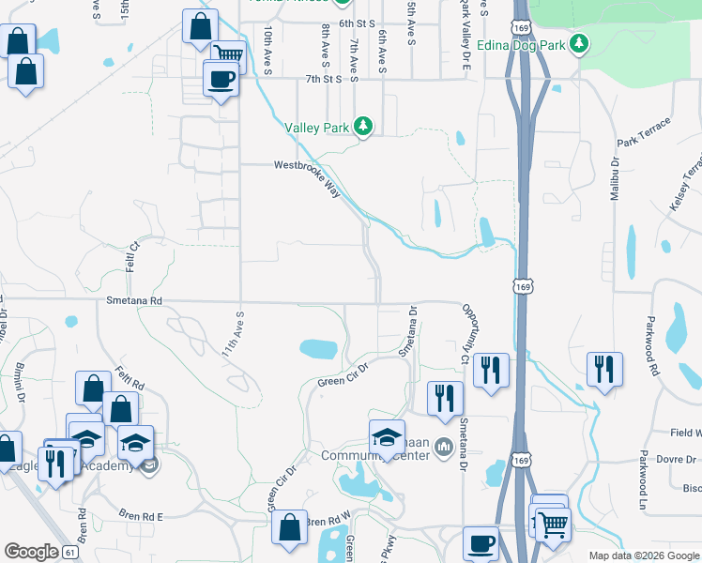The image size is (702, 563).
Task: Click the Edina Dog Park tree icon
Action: [x=580, y=44]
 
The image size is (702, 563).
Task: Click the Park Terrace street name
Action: [x=644, y=132]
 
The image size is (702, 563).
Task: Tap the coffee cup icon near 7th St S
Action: [x=221, y=79]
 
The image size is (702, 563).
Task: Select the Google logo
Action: [x=31, y=552]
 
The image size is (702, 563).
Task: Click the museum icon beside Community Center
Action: [x=445, y=456]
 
